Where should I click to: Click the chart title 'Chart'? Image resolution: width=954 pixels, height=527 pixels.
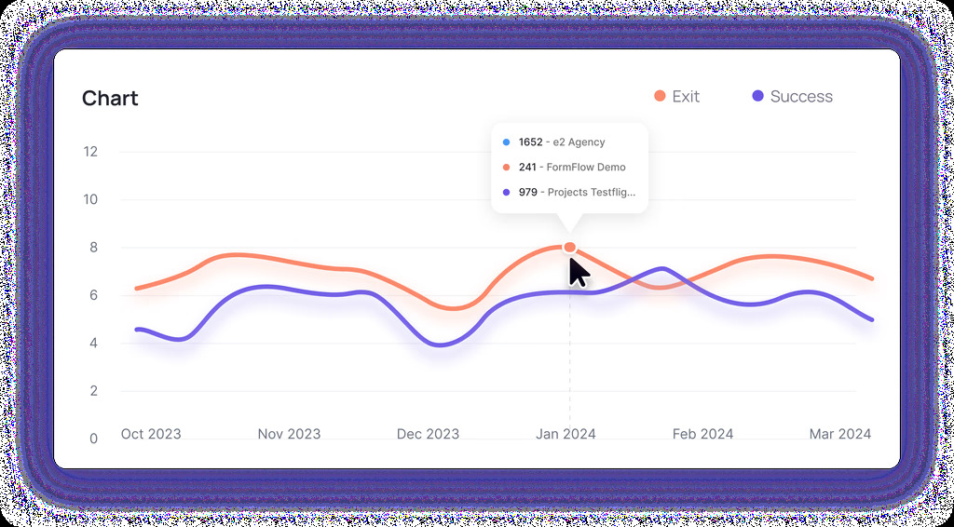tap(110, 99)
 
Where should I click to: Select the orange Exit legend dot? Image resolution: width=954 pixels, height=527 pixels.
tap(660, 97)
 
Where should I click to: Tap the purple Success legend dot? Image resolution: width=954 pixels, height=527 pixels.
tap(758, 97)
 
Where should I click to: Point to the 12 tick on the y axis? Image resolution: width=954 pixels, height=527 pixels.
tap(90, 152)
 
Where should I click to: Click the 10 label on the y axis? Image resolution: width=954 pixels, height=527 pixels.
tap(90, 199)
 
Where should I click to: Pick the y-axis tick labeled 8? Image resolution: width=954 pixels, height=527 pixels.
tap(91, 248)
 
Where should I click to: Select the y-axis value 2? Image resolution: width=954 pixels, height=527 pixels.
tap(91, 390)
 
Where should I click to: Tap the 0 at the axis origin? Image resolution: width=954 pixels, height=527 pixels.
tap(91, 439)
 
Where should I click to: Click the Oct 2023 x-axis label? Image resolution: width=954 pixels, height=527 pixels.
tap(151, 434)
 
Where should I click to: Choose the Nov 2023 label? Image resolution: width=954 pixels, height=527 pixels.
tap(289, 434)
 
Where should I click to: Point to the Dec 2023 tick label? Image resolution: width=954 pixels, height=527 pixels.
tap(428, 434)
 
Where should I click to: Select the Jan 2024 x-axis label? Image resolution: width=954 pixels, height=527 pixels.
tap(566, 434)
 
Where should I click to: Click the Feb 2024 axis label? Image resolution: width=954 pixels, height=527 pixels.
tap(702, 434)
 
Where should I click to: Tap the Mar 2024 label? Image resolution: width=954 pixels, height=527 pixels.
tap(840, 434)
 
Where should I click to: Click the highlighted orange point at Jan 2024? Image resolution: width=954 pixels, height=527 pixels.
tap(570, 248)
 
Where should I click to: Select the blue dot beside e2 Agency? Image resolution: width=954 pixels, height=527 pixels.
tap(506, 142)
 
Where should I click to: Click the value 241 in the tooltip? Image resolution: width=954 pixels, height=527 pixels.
tap(527, 168)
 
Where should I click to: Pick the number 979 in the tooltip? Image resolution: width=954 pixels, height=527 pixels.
tap(528, 193)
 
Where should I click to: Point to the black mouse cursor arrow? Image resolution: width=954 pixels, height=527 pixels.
tap(578, 272)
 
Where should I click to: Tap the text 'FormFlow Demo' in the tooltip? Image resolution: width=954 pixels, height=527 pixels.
tap(586, 168)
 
